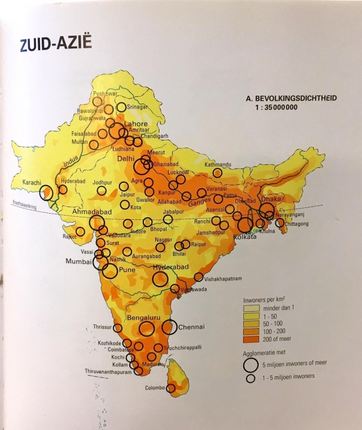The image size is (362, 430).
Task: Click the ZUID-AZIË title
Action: pos(51,45)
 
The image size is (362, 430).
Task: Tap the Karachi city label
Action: pos(29,182)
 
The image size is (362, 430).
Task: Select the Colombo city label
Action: pos(155,388)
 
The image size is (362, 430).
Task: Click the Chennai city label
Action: pos(192,327)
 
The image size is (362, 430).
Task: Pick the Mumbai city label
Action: pos(81,261)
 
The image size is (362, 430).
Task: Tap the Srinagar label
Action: pos(139,107)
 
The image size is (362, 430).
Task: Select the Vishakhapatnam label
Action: pos(224,278)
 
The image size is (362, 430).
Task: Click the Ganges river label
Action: pos(220,202)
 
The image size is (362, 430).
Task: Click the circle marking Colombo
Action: pos(171,388)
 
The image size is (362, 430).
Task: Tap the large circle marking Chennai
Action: pos(170,327)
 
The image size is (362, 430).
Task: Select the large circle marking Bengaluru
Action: pos(147,328)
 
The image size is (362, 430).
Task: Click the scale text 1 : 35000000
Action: pos(275,107)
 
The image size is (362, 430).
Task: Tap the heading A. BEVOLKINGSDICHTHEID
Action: pos(284,99)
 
